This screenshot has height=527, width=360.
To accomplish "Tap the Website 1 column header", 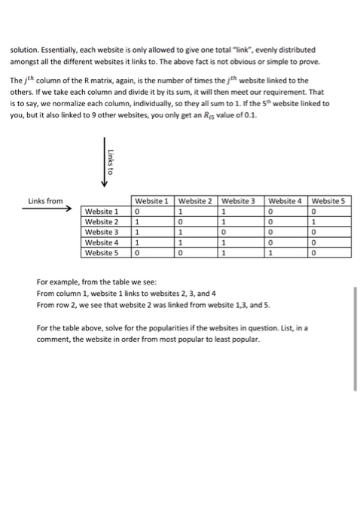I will click(151, 202).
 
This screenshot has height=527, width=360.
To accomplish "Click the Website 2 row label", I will click(102, 222).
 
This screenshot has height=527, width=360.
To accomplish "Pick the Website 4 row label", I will click(102, 243).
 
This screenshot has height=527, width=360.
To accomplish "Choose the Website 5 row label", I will click(102, 254).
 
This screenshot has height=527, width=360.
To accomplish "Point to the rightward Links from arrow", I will click(45, 212).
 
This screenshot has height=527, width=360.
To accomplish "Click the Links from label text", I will click(45, 201).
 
